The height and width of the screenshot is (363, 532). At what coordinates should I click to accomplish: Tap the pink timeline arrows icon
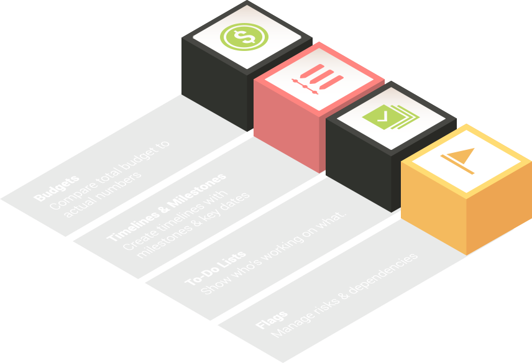[x=317, y=80]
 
